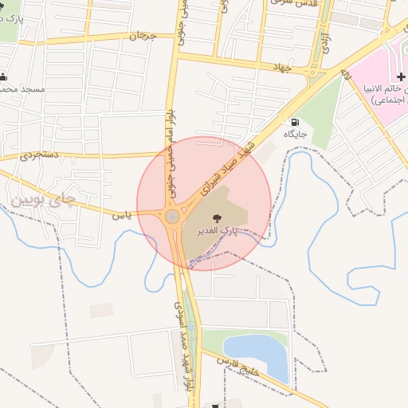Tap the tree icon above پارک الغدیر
217,218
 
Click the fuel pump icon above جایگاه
296,123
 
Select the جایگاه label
297,135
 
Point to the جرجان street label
139,36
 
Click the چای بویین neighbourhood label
46,195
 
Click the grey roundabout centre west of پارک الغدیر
172,216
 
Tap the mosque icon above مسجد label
4,77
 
